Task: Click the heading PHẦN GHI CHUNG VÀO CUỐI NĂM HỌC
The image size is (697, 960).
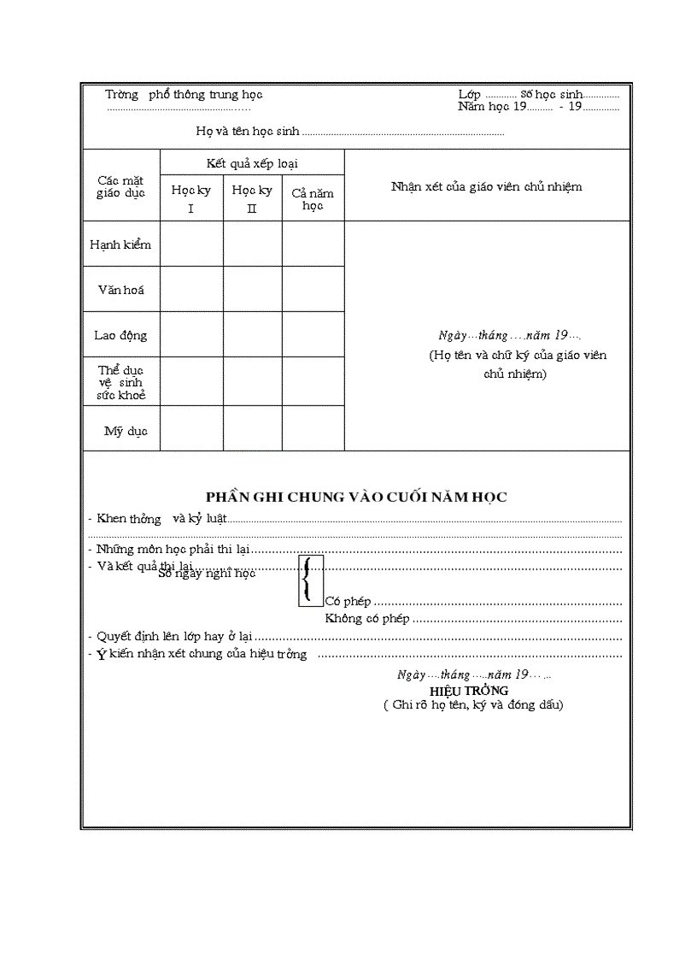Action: (356, 497)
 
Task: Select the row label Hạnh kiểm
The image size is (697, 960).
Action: (120, 244)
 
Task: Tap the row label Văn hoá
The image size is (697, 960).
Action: (120, 290)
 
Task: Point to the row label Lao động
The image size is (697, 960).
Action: (120, 335)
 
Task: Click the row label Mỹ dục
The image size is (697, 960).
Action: (126, 431)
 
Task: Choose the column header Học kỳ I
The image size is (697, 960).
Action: (191, 198)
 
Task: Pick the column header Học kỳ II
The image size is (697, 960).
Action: (252, 198)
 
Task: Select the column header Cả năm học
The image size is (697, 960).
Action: (313, 199)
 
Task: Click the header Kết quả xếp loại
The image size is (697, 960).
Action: (252, 162)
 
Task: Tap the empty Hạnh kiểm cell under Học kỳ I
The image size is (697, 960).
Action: (191, 244)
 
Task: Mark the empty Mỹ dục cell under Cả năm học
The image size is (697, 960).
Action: (313, 428)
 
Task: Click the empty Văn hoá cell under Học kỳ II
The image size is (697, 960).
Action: (252, 290)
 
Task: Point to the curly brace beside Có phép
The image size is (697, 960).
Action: (309, 580)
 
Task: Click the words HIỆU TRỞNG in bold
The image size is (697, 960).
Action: (469, 690)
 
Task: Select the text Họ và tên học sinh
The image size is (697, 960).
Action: (248, 132)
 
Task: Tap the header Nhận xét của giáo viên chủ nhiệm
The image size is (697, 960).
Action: (486, 186)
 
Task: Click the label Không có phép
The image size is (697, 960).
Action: (367, 618)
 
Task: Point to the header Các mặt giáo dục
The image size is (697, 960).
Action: (120, 186)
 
